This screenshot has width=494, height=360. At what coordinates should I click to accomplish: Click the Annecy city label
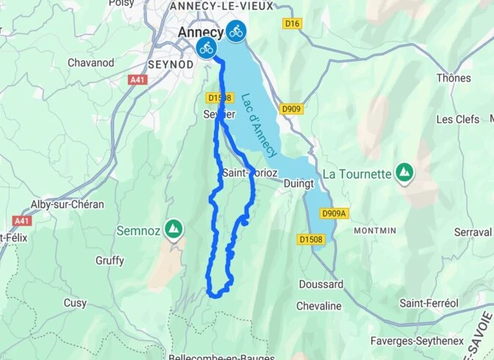[x=199, y=32]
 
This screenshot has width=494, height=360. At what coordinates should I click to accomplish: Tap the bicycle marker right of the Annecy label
[x=235, y=31]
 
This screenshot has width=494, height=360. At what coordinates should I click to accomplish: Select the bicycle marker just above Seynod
[x=206, y=49]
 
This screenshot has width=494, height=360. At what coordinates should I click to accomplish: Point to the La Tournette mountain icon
[x=404, y=173]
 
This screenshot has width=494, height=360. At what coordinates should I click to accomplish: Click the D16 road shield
[x=293, y=24]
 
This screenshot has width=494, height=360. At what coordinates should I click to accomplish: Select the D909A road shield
[x=333, y=213]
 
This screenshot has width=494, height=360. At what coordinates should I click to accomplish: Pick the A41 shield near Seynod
[x=137, y=79]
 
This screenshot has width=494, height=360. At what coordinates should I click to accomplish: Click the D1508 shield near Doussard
[x=311, y=239]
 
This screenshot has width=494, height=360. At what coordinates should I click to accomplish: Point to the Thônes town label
[x=453, y=78]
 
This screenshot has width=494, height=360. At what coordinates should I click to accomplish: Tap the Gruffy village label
[x=110, y=260]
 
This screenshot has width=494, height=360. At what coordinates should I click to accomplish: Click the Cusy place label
[x=74, y=303]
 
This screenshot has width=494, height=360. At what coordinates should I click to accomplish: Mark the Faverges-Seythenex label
[x=430, y=331]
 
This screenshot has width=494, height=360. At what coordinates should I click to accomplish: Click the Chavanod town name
[x=91, y=62]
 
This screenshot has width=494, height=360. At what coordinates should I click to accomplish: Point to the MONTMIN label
[x=375, y=230]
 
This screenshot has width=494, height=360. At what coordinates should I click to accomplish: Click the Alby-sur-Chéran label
[x=67, y=204]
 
